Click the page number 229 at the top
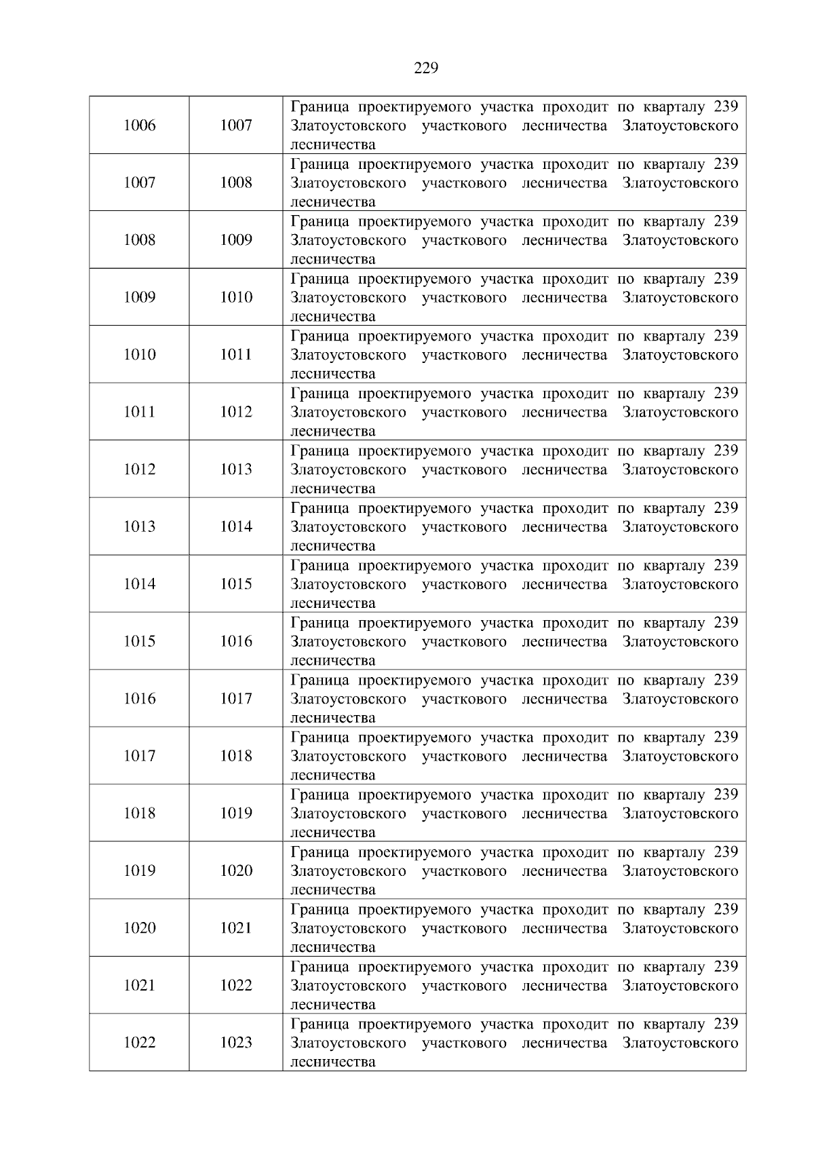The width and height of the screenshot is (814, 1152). click(425, 68)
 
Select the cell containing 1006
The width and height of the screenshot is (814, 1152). click(139, 126)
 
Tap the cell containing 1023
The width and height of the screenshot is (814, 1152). click(235, 1043)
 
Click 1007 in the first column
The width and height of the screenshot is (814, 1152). click(139, 183)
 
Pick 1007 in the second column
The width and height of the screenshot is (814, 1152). click(235, 126)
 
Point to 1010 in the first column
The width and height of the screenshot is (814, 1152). click(139, 355)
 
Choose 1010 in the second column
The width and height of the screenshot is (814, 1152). click(235, 297)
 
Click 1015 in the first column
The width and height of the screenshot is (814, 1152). click(139, 641)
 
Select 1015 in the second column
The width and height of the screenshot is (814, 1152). click(235, 584)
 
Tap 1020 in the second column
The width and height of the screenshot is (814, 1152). click(235, 870)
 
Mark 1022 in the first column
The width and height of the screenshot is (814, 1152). click(139, 1043)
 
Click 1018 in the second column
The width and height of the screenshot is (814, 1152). click(235, 756)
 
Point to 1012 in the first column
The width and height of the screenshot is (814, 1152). click(139, 469)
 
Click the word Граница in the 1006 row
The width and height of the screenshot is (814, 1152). click(317, 107)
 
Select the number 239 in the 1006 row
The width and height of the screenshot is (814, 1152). click(725, 107)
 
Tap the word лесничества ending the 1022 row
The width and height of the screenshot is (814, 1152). click(332, 1062)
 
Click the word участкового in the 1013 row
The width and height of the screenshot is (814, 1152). click(464, 527)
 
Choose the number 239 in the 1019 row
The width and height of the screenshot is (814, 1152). click(725, 852)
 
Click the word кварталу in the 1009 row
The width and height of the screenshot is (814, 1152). click(674, 279)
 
